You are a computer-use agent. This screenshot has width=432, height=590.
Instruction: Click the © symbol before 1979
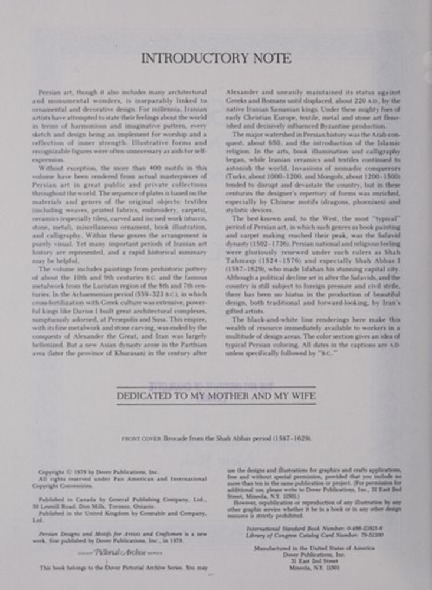pyautogui.click(x=68, y=473)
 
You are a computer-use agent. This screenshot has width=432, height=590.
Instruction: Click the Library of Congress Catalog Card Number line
pyautogui.click(x=322, y=535)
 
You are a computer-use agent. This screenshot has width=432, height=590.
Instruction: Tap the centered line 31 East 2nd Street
pyautogui.click(x=321, y=561)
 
